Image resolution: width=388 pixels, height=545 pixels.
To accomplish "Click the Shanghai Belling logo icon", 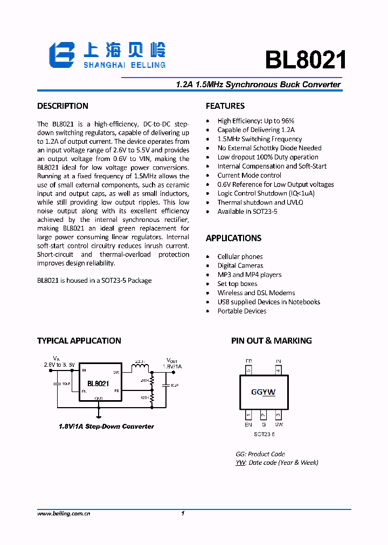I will (62, 55).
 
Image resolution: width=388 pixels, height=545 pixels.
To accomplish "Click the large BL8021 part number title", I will (305, 60).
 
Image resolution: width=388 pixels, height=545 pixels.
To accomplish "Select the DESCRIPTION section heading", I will (63, 106).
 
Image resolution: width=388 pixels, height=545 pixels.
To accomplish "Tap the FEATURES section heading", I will (225, 106).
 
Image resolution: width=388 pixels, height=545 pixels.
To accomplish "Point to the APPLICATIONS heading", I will (233, 238).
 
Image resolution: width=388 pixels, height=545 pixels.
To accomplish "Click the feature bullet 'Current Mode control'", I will (249, 175).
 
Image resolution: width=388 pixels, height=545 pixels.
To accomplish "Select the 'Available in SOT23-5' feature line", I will (247, 212).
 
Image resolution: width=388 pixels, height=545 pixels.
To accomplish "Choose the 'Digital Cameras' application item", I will (240, 265).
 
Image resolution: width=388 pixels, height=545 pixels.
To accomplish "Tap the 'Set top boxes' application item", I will (237, 284).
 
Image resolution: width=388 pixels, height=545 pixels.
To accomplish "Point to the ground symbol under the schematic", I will (99, 415).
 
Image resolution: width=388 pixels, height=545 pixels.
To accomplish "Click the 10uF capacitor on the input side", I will (57, 384).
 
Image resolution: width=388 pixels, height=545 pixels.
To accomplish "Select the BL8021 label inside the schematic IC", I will (98, 384).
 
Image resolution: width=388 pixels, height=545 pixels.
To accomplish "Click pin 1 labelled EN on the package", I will (248, 415).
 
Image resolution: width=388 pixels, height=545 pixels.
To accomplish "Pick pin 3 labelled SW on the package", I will (278, 415).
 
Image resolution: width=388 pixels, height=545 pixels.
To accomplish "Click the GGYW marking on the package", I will (263, 392).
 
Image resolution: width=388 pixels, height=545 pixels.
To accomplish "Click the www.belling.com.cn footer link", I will (64, 514).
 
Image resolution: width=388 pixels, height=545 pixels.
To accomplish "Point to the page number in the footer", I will (183, 514).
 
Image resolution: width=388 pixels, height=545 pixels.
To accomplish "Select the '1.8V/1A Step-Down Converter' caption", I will (106, 427).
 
